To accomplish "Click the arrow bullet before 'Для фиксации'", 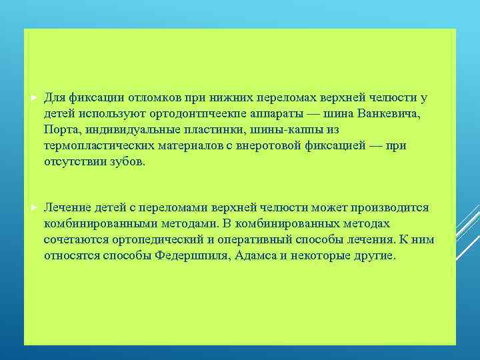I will [x=34, y=98].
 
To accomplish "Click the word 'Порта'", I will [x=61, y=129].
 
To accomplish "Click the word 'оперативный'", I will [x=261, y=240].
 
